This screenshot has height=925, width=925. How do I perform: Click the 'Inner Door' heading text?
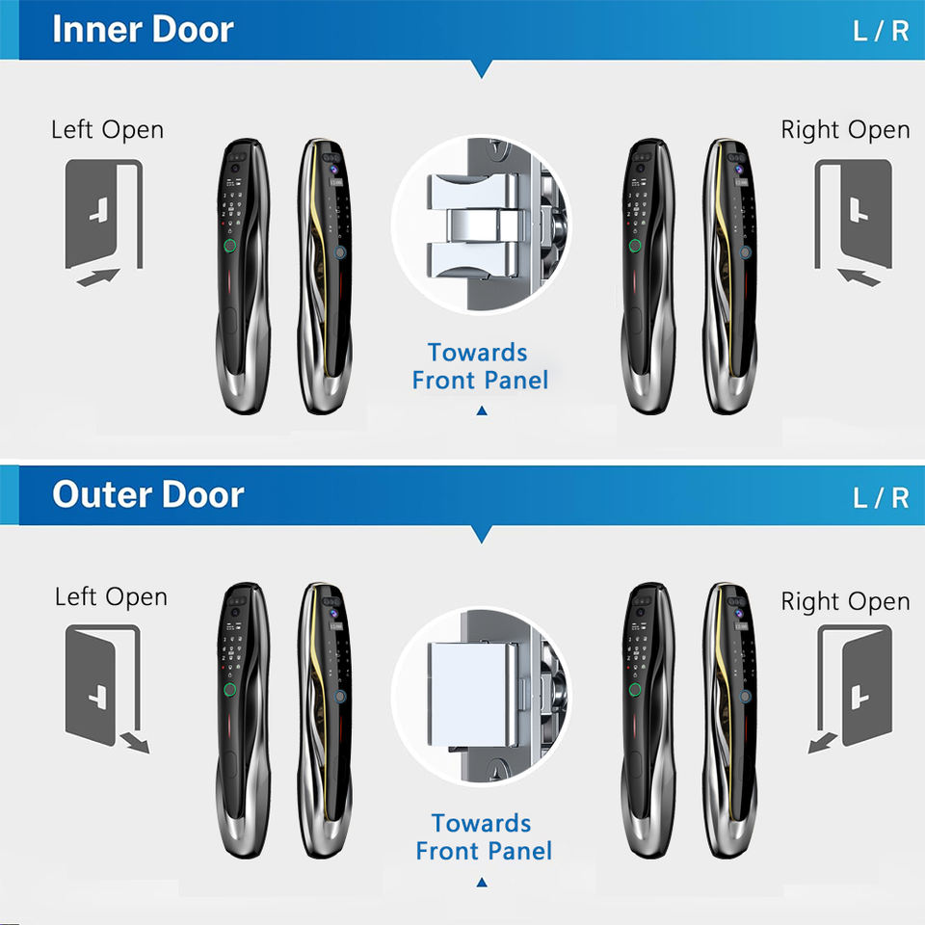pyautogui.click(x=143, y=29)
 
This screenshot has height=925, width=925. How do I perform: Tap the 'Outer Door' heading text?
pyautogui.click(x=147, y=495)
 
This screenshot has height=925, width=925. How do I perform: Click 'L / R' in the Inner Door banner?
pyautogui.click(x=881, y=31)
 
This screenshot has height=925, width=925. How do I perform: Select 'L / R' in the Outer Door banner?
pyautogui.click(x=881, y=497)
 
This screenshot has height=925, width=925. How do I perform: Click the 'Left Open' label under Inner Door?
pyautogui.click(x=107, y=130)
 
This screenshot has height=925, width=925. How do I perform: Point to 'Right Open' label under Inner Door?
pyautogui.click(x=845, y=130)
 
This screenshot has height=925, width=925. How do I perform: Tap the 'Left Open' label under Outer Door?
pyautogui.click(x=111, y=596)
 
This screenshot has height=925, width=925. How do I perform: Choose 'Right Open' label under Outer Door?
pyautogui.click(x=845, y=601)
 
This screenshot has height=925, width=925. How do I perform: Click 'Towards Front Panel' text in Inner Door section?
pyautogui.click(x=480, y=366)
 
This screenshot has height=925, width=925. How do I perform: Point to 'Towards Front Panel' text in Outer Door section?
pyautogui.click(x=483, y=837)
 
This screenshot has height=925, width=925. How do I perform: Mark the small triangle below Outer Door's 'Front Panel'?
pyautogui.click(x=482, y=882)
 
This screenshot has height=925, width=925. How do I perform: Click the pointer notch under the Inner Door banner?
pyautogui.click(x=482, y=68)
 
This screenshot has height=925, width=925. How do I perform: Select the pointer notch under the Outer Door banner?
pyautogui.click(x=482, y=534)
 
